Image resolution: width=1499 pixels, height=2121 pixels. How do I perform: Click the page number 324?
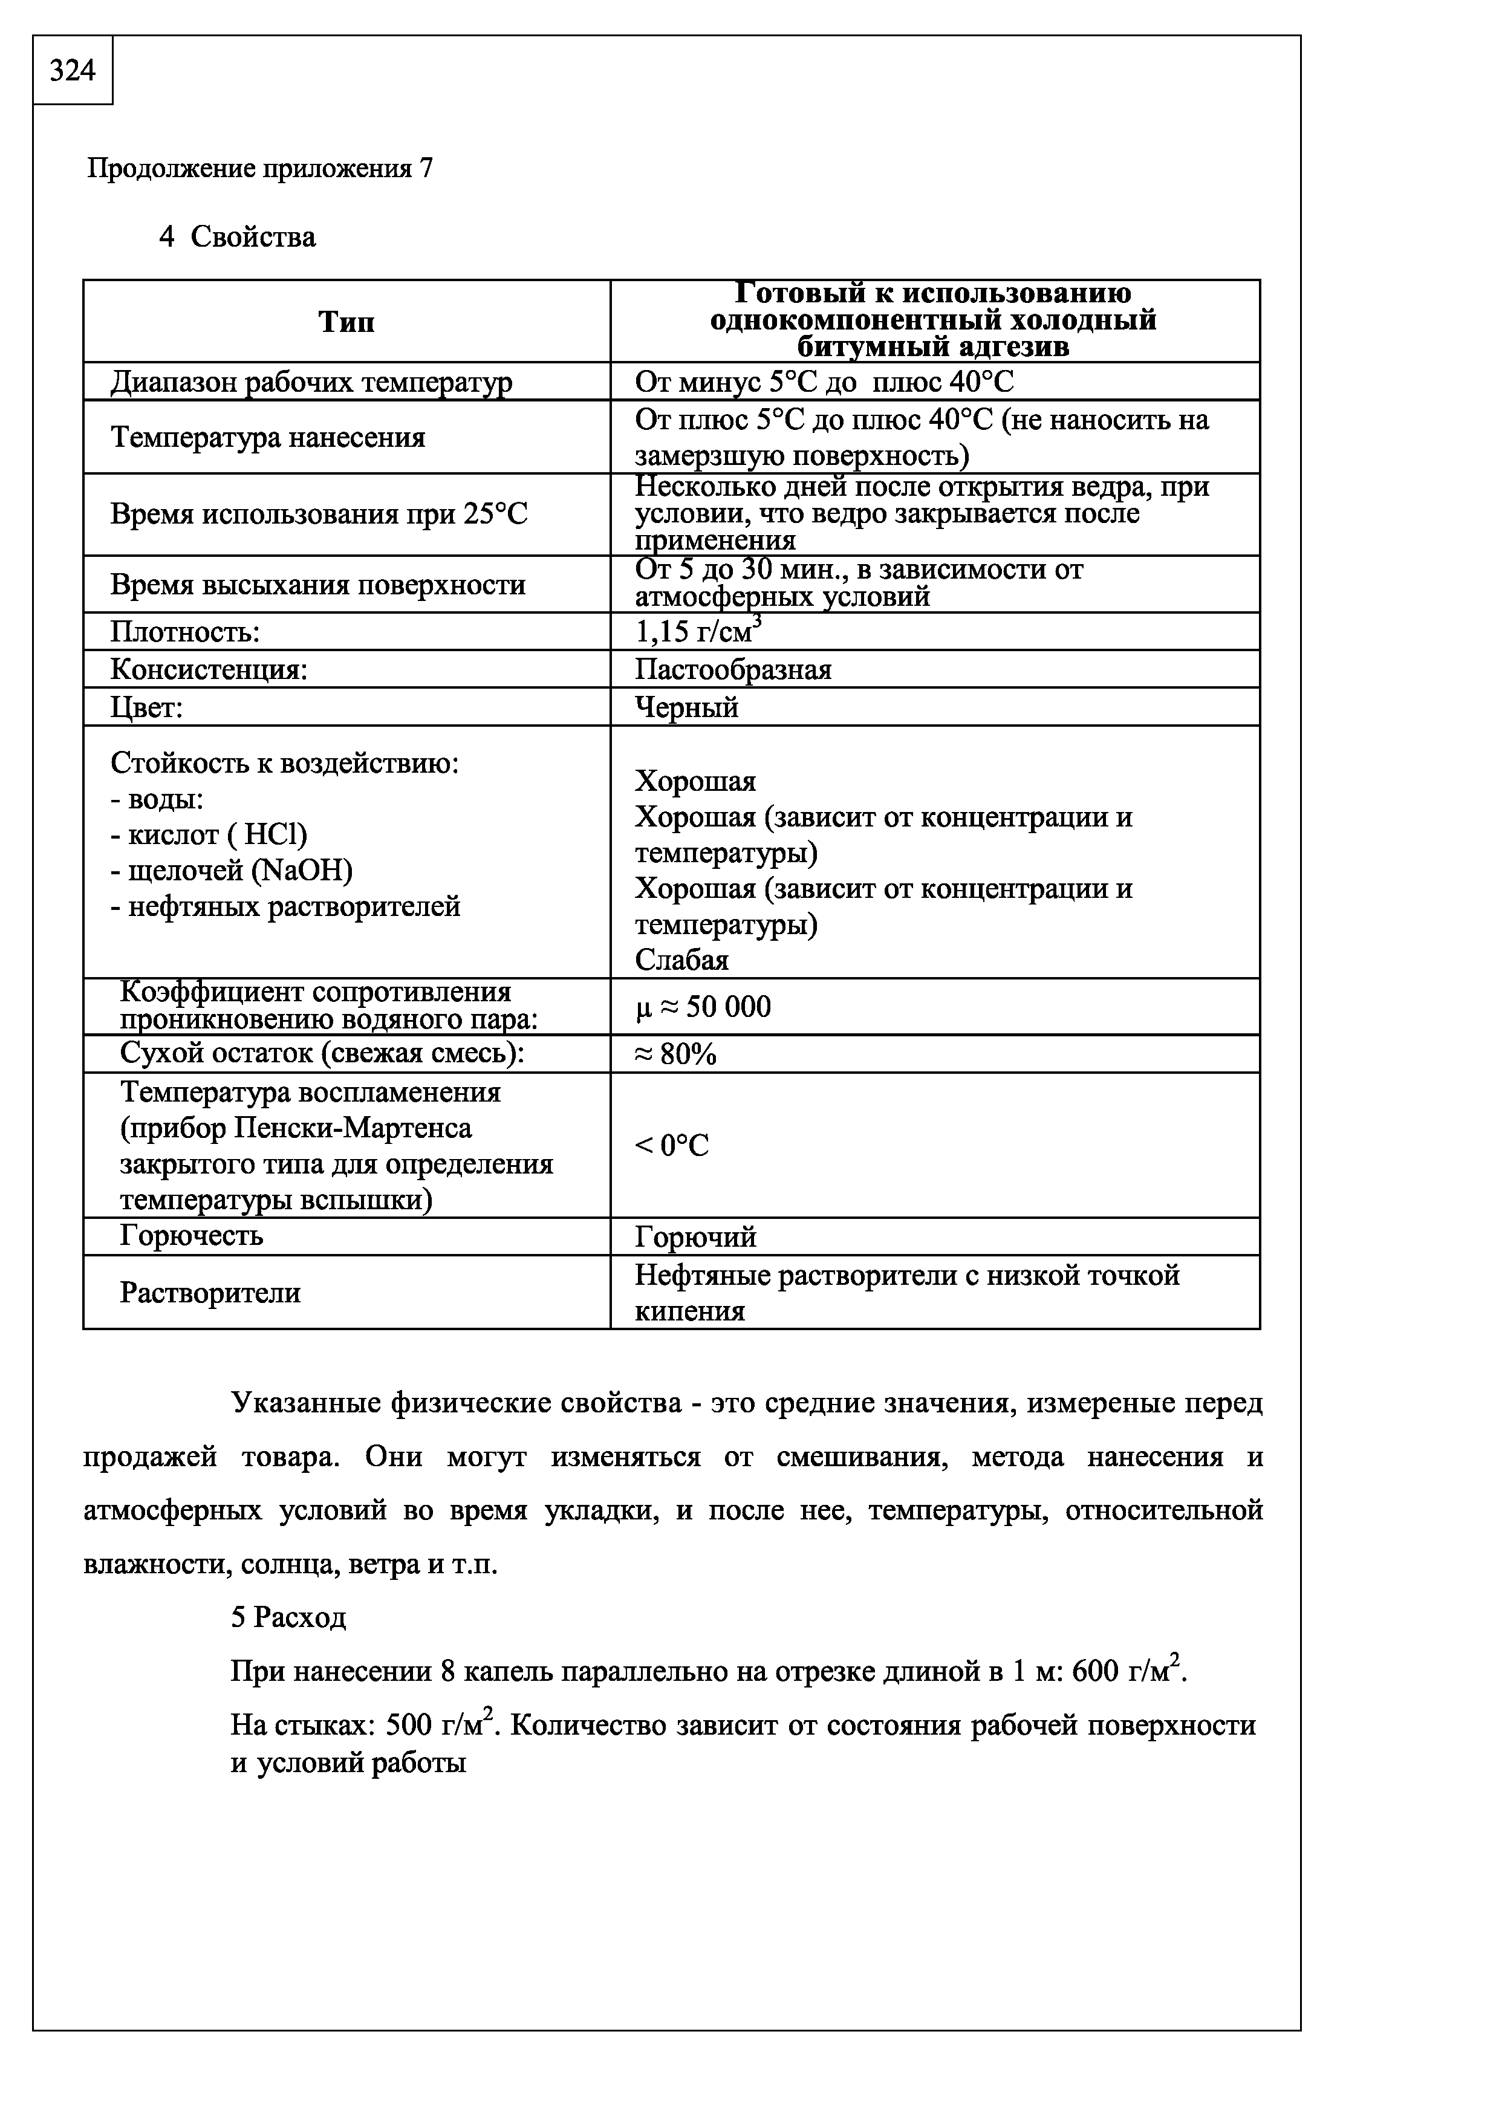tap(72, 70)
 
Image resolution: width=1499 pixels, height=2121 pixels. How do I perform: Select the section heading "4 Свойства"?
tap(238, 238)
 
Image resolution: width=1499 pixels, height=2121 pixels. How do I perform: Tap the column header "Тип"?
tap(346, 322)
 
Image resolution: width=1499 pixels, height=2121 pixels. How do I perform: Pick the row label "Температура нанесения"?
tap(268, 437)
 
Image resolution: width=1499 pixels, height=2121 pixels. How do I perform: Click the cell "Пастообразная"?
tap(732, 670)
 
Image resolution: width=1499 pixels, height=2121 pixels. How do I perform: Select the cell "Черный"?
tap(686, 707)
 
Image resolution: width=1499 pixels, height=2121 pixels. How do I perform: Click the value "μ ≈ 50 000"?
tap(703, 1007)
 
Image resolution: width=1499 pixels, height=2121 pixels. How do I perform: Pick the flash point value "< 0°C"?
tap(671, 1146)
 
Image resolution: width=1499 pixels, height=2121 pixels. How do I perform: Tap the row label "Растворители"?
tap(210, 1292)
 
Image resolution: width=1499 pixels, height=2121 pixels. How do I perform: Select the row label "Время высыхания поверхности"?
tap(317, 585)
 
